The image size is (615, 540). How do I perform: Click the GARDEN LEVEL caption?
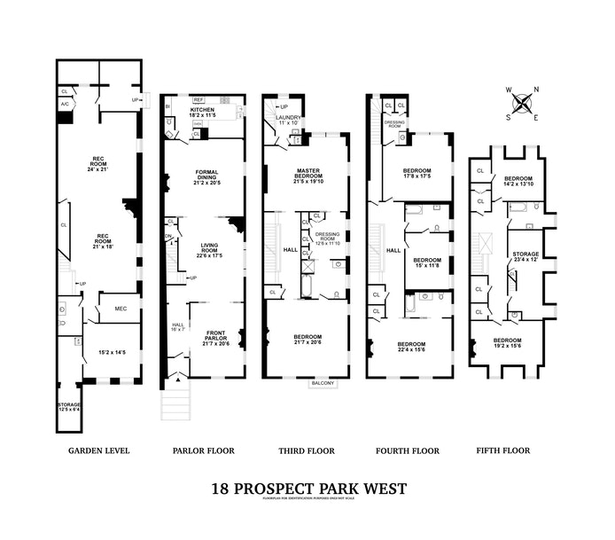(99, 450)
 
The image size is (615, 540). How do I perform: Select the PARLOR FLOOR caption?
(204, 450)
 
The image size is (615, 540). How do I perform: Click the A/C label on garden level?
(66, 105)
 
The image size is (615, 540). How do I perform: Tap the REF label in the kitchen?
(199, 99)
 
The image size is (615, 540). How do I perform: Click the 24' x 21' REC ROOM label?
(98, 163)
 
